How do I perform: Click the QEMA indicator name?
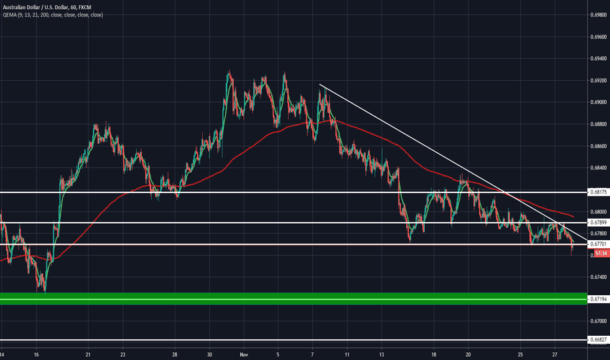coord(10,12)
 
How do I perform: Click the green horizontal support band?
coord(295,298)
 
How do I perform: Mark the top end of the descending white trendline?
coord(319,85)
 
